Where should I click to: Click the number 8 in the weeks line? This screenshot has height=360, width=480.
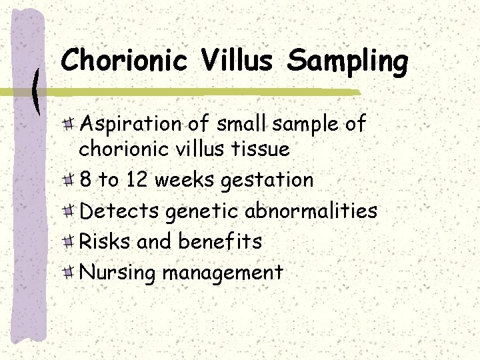(85, 180)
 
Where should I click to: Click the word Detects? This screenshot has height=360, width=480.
(119, 211)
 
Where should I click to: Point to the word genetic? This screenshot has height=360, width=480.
(202, 212)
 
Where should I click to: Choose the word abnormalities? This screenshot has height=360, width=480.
(311, 211)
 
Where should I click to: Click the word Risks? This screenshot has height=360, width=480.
(105, 241)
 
